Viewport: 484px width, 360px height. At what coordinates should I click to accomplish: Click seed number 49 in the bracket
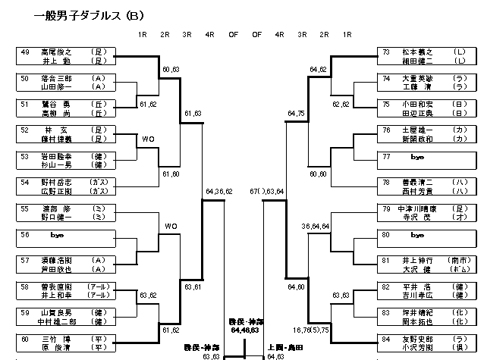click(25, 52)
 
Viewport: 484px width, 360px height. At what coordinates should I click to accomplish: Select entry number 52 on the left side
click(25, 130)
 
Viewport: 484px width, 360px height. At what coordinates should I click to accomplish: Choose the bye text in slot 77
click(415, 156)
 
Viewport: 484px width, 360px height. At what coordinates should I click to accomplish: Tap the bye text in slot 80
click(415, 234)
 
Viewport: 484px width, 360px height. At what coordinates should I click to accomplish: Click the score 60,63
click(171, 69)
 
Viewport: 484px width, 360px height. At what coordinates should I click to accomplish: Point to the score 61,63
click(193, 114)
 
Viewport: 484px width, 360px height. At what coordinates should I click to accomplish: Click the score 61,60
click(171, 174)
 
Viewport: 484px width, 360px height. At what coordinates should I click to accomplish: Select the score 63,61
click(193, 287)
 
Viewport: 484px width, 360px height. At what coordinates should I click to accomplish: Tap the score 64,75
click(297, 114)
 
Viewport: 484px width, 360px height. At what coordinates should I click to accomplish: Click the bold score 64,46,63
click(244, 330)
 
